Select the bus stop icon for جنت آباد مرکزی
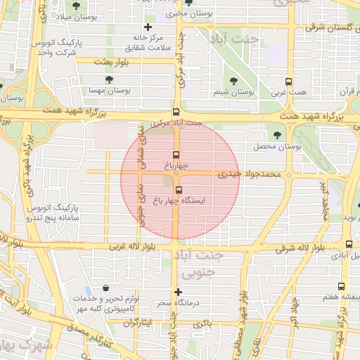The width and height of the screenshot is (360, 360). pyautogui.click(x=176, y=112)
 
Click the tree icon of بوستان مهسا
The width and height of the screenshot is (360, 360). pyautogui.click(x=108, y=79)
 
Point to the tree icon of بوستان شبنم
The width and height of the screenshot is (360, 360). pyautogui.click(x=233, y=81)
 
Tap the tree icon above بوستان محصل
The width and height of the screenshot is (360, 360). pyautogui.click(x=276, y=135)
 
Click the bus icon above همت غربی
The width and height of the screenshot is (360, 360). pyautogui.click(x=288, y=82)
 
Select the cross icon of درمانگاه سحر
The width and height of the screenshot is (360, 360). pyautogui.click(x=178, y=292)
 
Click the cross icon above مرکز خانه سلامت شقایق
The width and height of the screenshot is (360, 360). pyautogui.click(x=148, y=26)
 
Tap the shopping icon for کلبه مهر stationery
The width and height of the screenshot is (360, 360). pyautogui.click(x=105, y=288)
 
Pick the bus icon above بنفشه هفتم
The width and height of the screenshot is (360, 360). pyautogui.click(x=341, y=286)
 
